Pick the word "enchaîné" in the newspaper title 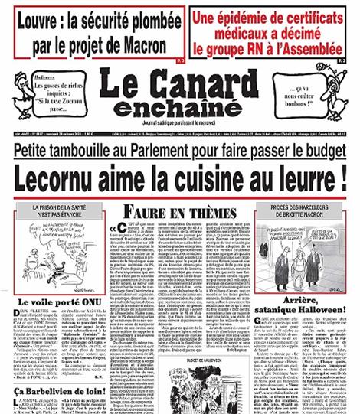[181, 105]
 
